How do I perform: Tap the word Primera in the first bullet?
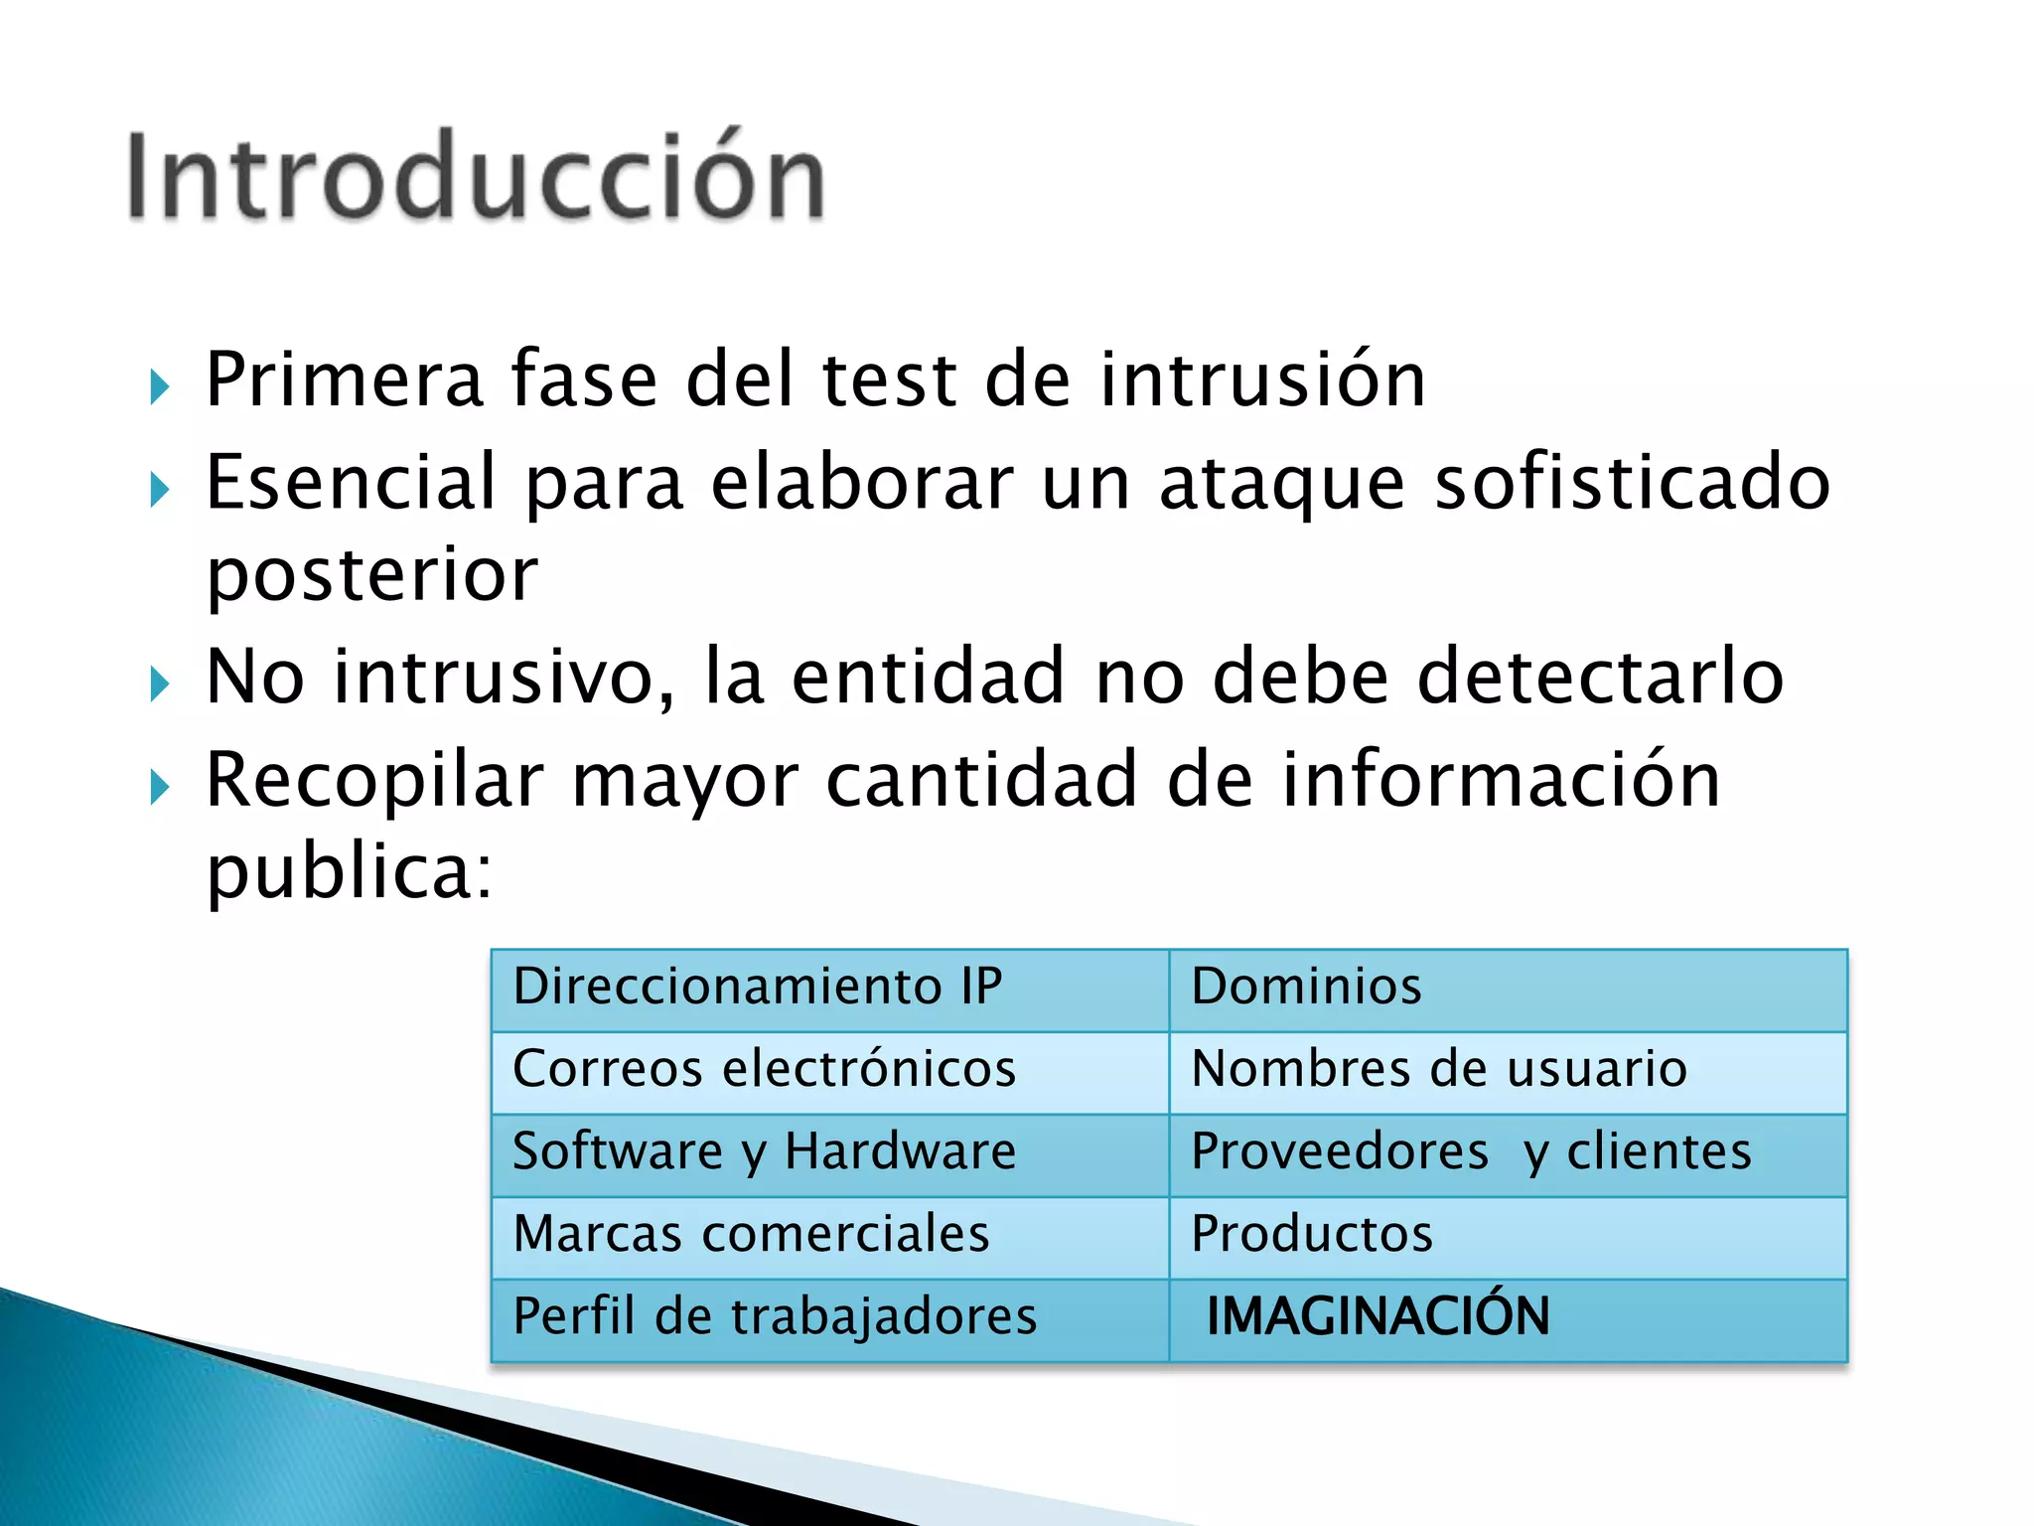click(344, 380)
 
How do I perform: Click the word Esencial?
click(350, 483)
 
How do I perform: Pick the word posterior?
click(371, 576)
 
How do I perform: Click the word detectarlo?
click(1599, 677)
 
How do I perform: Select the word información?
click(1501, 779)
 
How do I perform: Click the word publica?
click(349, 872)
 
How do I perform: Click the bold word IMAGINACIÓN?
click(1378, 1316)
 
